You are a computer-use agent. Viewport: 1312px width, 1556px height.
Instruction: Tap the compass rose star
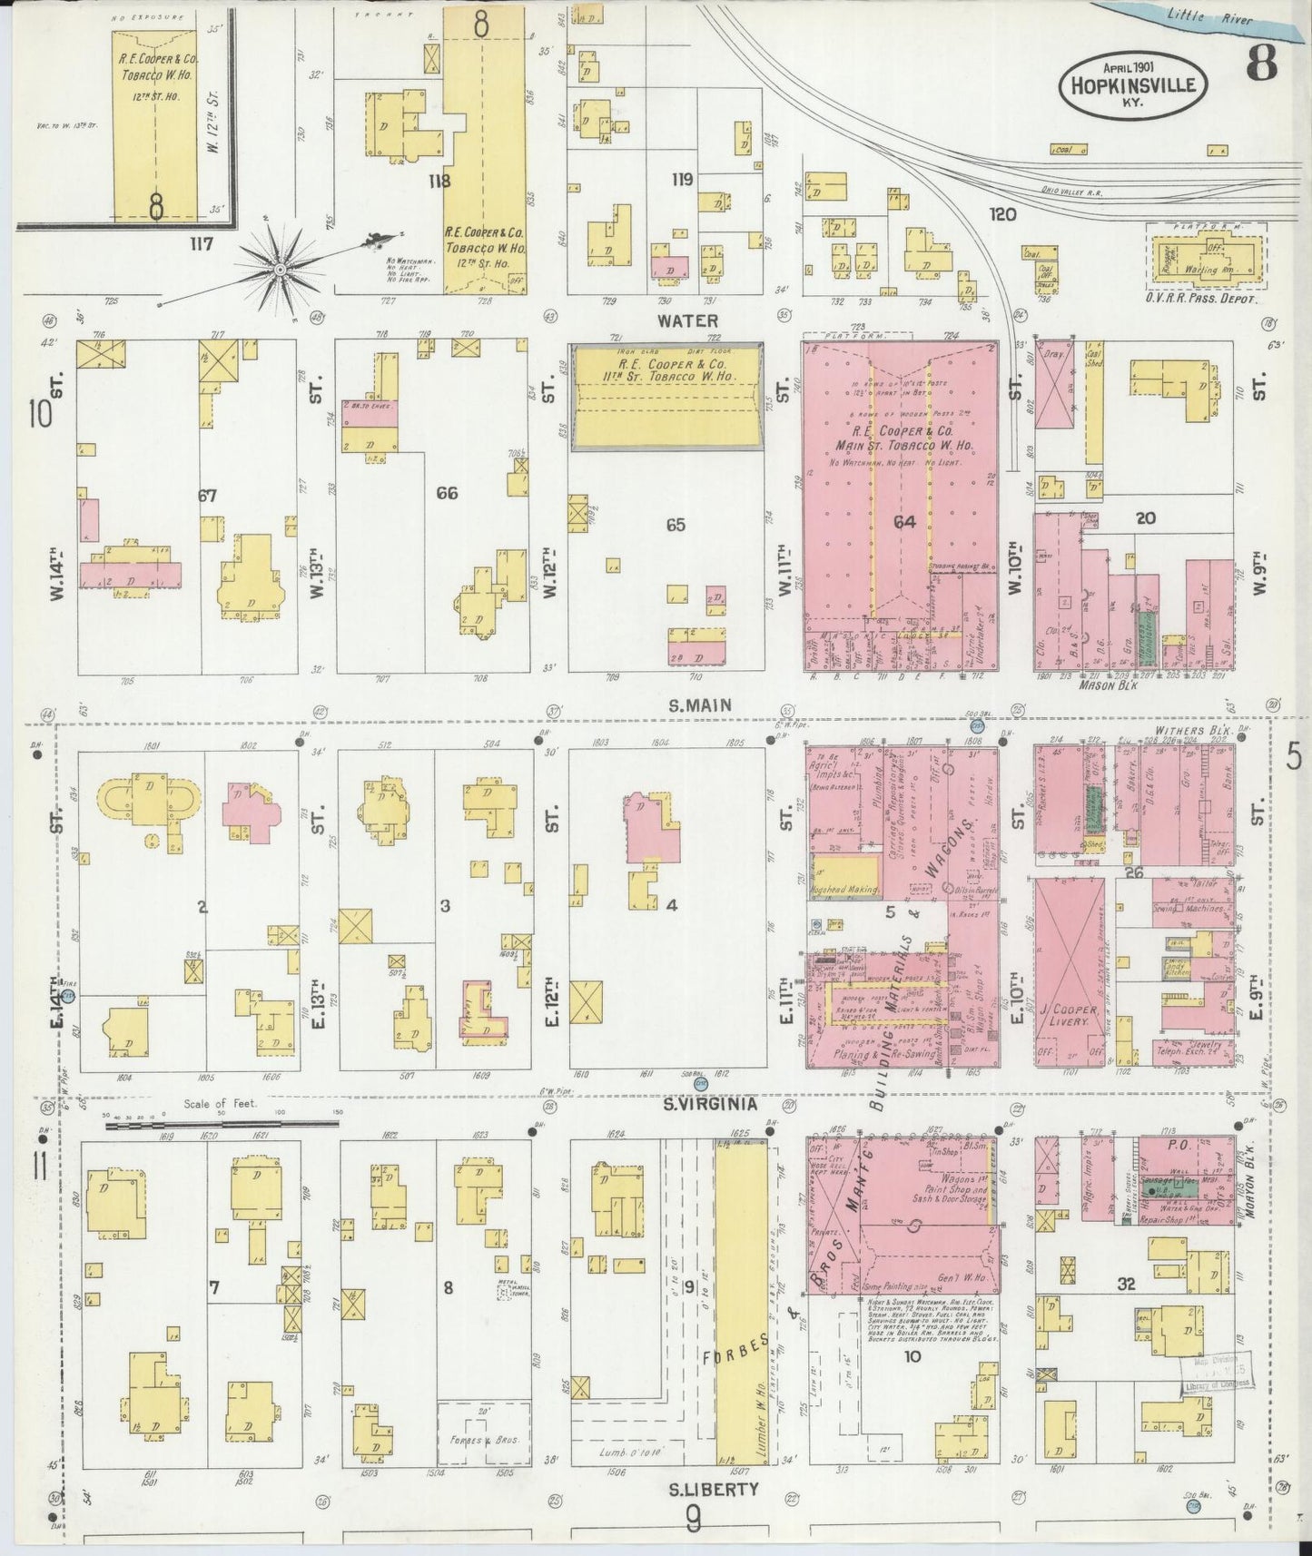click(x=281, y=269)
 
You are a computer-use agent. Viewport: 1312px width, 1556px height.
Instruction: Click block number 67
click(x=207, y=496)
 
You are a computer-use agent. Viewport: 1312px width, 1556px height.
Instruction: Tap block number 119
click(x=682, y=180)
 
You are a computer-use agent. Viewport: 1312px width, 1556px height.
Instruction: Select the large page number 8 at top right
click(x=1262, y=64)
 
